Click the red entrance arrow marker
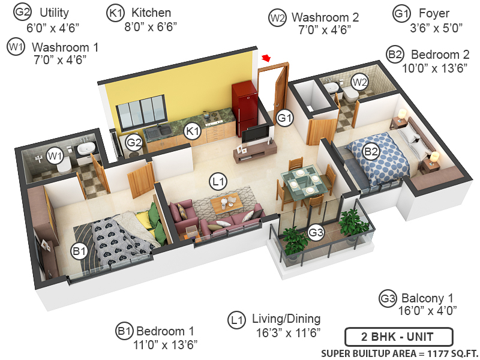point(266,57)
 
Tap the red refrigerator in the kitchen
point(244,109)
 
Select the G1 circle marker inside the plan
point(284,118)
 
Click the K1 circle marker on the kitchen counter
point(192,131)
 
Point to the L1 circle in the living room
point(217,181)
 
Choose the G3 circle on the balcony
point(316,232)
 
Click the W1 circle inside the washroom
point(55,157)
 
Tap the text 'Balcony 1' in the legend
point(428,298)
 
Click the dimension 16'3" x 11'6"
point(280,332)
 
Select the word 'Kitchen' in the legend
point(151,13)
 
